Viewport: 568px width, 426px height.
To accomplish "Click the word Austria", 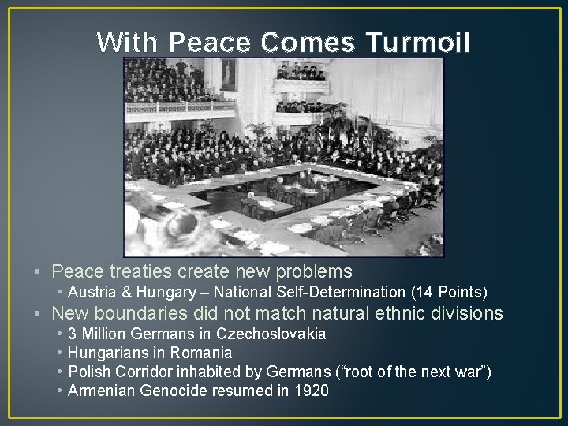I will tap(92, 292).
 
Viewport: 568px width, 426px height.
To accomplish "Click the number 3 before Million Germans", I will tap(73, 333).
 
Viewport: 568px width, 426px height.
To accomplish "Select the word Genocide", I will tap(168, 390).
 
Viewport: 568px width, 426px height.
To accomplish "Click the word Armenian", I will tap(98, 390).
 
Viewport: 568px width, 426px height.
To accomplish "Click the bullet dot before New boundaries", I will tap(37, 314).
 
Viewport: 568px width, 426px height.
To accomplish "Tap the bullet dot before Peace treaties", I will tap(37, 273).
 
